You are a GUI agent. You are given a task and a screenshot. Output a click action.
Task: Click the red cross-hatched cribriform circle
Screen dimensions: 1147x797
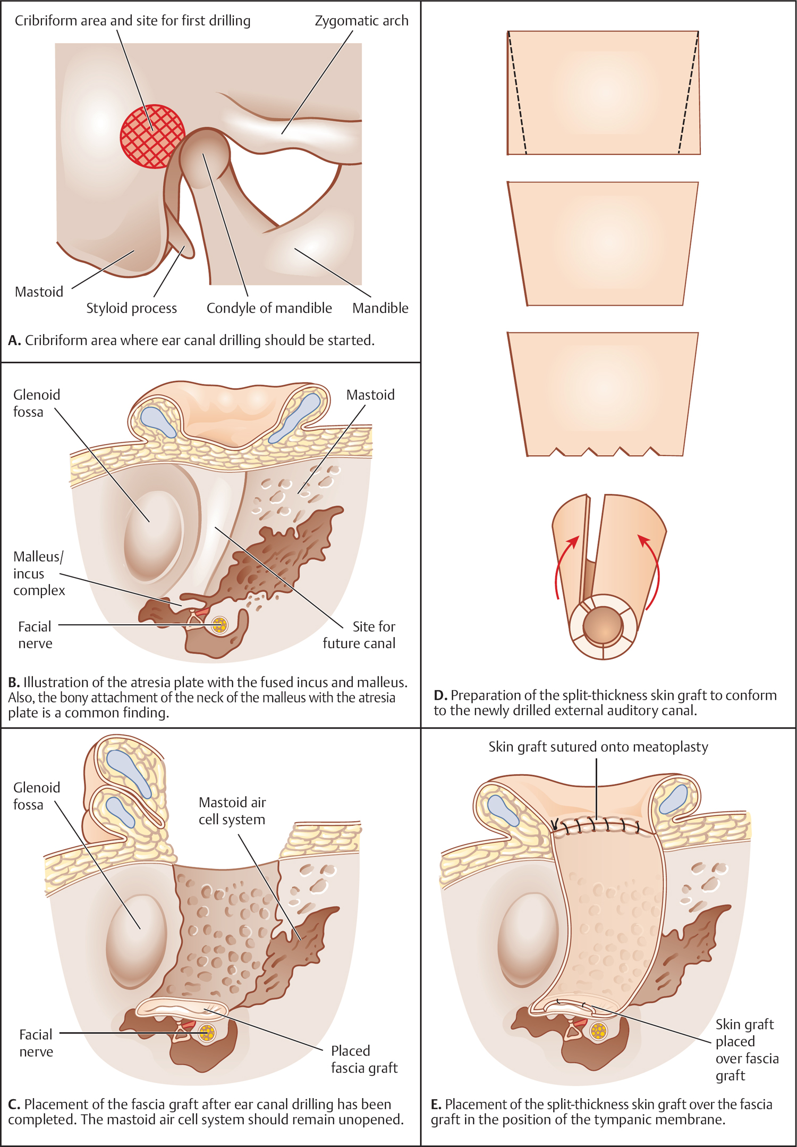click(152, 136)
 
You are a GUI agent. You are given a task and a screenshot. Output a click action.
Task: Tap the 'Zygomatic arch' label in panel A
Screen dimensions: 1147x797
click(361, 21)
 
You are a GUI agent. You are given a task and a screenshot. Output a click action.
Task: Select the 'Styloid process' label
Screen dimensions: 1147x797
click(131, 308)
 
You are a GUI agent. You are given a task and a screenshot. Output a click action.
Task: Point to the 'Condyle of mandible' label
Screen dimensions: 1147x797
click(269, 308)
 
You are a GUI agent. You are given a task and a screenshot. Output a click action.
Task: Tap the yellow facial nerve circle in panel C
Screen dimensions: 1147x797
click(207, 1033)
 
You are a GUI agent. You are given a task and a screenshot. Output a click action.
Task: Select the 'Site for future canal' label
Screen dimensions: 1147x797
click(359, 634)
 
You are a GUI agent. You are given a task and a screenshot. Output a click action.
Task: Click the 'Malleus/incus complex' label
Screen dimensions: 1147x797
click(38, 573)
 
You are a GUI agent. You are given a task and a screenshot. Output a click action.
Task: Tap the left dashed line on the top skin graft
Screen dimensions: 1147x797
click(517, 93)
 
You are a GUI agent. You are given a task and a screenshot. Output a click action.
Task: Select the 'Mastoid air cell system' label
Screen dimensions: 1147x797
click(232, 810)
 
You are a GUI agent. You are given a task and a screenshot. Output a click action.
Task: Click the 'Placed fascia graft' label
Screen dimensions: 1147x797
click(364, 1059)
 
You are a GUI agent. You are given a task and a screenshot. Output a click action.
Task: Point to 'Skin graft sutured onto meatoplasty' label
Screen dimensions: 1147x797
click(598, 747)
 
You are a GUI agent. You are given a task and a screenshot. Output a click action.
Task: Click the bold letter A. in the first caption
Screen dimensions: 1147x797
click(14, 340)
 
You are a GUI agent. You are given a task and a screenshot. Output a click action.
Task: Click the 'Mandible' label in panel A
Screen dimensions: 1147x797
click(380, 308)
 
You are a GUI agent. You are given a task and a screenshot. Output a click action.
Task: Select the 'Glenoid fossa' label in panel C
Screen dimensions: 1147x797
click(36, 796)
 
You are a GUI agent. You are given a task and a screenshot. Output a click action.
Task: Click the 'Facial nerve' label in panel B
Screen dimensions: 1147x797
click(35, 634)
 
